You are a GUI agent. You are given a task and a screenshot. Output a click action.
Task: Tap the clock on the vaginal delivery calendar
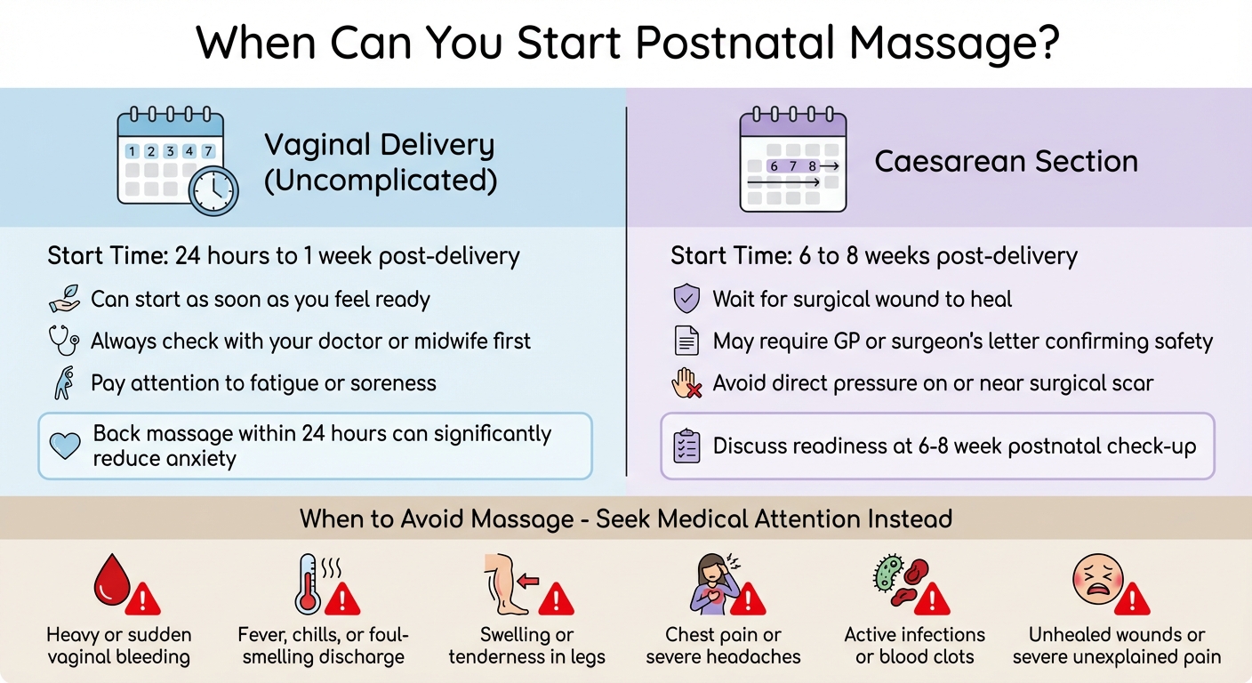(x=213, y=189)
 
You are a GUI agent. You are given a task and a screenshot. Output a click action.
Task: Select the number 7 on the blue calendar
(x=207, y=151)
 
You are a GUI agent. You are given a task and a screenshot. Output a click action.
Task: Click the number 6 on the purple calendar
(x=774, y=166)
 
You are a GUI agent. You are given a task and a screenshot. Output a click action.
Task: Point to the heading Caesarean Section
(x=1007, y=162)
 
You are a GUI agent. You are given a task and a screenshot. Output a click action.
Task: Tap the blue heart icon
(x=65, y=446)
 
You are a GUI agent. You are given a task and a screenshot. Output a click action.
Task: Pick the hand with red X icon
(x=686, y=384)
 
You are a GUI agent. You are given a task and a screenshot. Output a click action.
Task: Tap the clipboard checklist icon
(x=687, y=446)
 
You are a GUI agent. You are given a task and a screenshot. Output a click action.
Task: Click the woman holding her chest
(x=710, y=584)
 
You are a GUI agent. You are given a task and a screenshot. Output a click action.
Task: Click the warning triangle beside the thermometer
(x=342, y=599)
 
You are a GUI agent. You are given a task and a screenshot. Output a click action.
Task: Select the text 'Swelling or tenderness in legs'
(x=526, y=647)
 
